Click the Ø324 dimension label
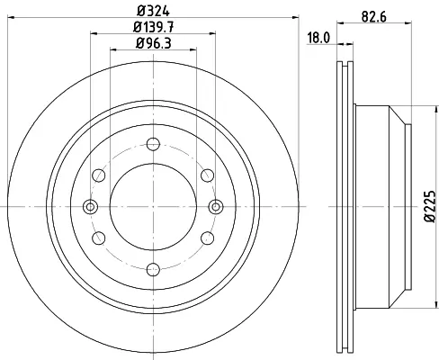pos(153,12)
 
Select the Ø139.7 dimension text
pos(153,28)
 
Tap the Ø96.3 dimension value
pos(153,43)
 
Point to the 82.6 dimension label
pos(373,17)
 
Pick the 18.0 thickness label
pos(318,39)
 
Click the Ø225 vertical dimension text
pos(430,206)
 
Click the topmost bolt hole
pos(153,144)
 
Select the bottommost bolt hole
pos(153,269)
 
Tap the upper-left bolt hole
pos(99,175)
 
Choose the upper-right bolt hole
pos(208,175)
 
